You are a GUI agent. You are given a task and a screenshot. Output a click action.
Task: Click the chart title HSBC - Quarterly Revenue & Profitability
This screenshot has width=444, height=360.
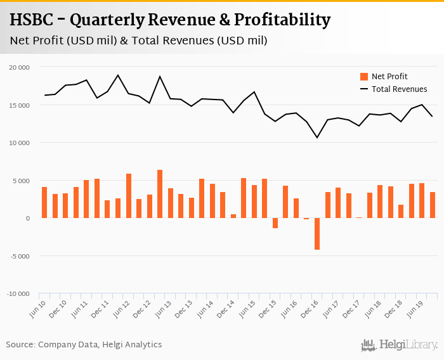coord(170,20)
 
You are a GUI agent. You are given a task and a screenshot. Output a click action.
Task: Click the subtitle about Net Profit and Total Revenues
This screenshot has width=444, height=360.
coord(138,41)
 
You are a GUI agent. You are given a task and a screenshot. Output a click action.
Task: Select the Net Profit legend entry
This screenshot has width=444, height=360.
coord(389,77)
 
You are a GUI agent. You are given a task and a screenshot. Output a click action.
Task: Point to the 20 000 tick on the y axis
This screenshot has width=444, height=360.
coord(20,67)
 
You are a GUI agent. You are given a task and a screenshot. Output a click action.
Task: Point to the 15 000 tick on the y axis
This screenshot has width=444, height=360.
coord(20,105)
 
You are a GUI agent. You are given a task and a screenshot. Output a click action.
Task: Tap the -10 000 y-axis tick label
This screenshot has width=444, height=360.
coord(18,294)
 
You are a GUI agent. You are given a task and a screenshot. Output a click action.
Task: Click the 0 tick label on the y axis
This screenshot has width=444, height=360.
coord(27,218)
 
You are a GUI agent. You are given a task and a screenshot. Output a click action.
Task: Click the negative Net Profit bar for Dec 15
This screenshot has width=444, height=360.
coord(275,223)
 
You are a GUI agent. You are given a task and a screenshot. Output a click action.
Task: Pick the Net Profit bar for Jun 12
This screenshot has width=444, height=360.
coord(129,196)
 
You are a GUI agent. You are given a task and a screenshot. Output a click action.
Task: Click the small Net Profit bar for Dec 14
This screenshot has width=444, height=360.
coord(233,216)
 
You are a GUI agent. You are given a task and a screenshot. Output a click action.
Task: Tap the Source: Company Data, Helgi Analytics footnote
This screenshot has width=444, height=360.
coord(84,345)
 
